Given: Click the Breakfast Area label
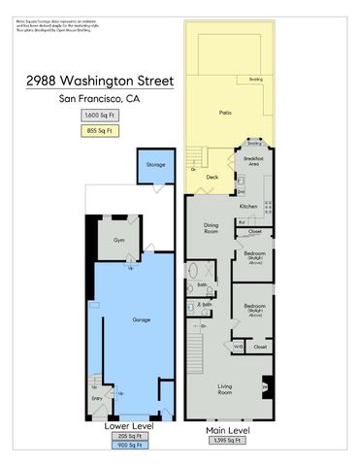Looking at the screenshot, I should [x=255, y=160].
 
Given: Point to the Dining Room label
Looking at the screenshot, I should [x=211, y=229].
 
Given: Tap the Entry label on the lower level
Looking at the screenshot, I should [x=96, y=398].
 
